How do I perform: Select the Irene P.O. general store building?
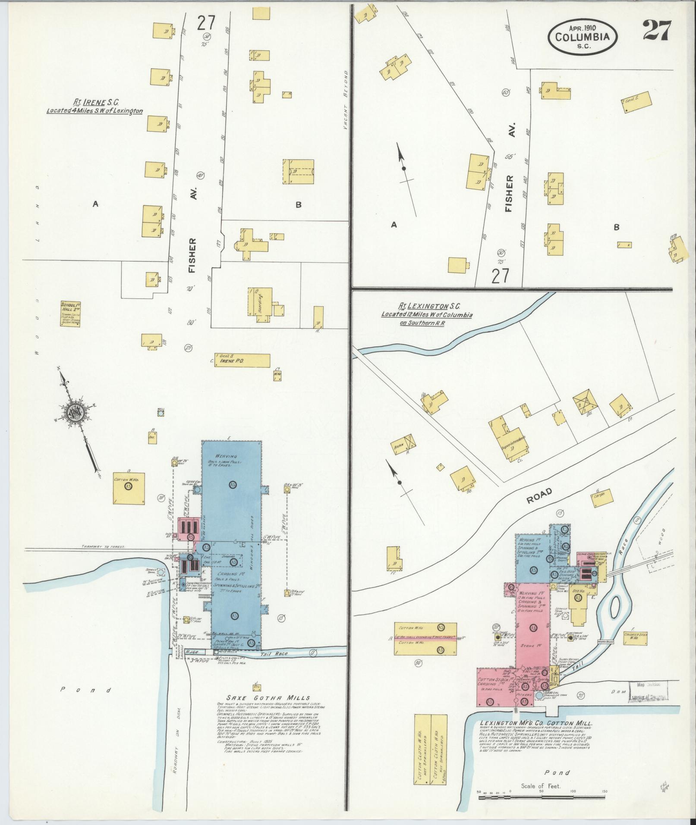[243, 361]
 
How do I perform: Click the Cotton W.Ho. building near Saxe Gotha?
[129, 487]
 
